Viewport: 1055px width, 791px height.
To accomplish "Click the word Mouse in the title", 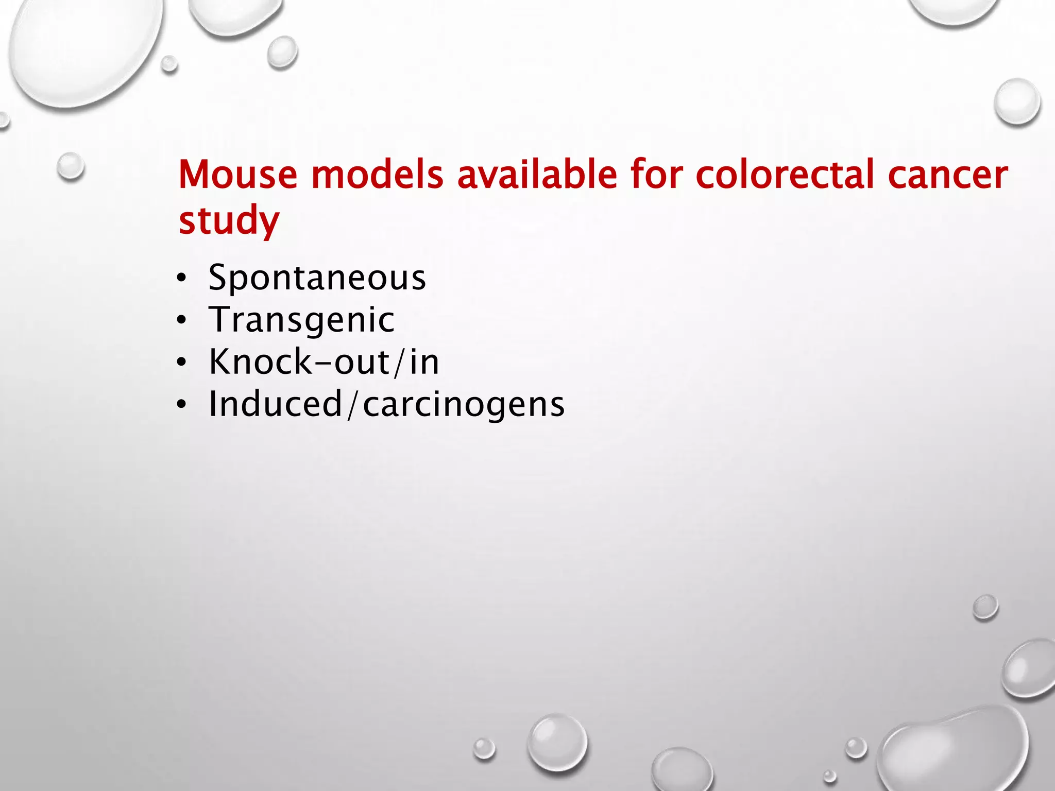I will [237, 175].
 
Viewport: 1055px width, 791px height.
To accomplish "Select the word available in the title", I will [537, 175].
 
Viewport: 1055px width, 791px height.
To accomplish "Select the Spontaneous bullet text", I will [317, 278].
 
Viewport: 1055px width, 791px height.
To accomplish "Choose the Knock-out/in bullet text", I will [324, 362].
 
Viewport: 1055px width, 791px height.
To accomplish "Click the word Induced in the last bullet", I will [276, 404].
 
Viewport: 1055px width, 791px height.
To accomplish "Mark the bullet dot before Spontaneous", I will [181, 279].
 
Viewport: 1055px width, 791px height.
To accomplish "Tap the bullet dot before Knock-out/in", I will [181, 363].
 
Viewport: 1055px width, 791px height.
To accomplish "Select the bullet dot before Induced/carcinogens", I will [181, 405].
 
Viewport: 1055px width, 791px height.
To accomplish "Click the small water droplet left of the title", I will [71, 166].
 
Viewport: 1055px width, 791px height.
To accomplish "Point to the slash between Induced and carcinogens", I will [352, 405].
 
